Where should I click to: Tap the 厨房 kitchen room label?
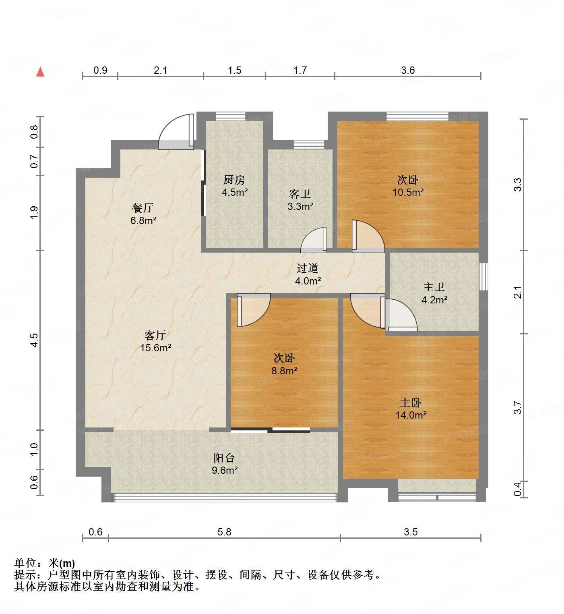234,180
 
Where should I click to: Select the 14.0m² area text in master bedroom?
411,415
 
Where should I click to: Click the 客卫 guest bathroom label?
300,194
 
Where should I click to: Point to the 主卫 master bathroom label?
434,287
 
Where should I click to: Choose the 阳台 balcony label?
224,458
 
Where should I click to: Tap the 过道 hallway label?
308,268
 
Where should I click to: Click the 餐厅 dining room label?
143,208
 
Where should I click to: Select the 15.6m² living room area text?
155,347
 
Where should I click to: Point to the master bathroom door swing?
400,315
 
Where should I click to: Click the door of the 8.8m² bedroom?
254,310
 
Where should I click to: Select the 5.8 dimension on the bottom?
224,532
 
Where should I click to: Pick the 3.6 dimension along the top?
407,71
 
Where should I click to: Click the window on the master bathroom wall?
483,276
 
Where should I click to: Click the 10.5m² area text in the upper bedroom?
408,192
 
